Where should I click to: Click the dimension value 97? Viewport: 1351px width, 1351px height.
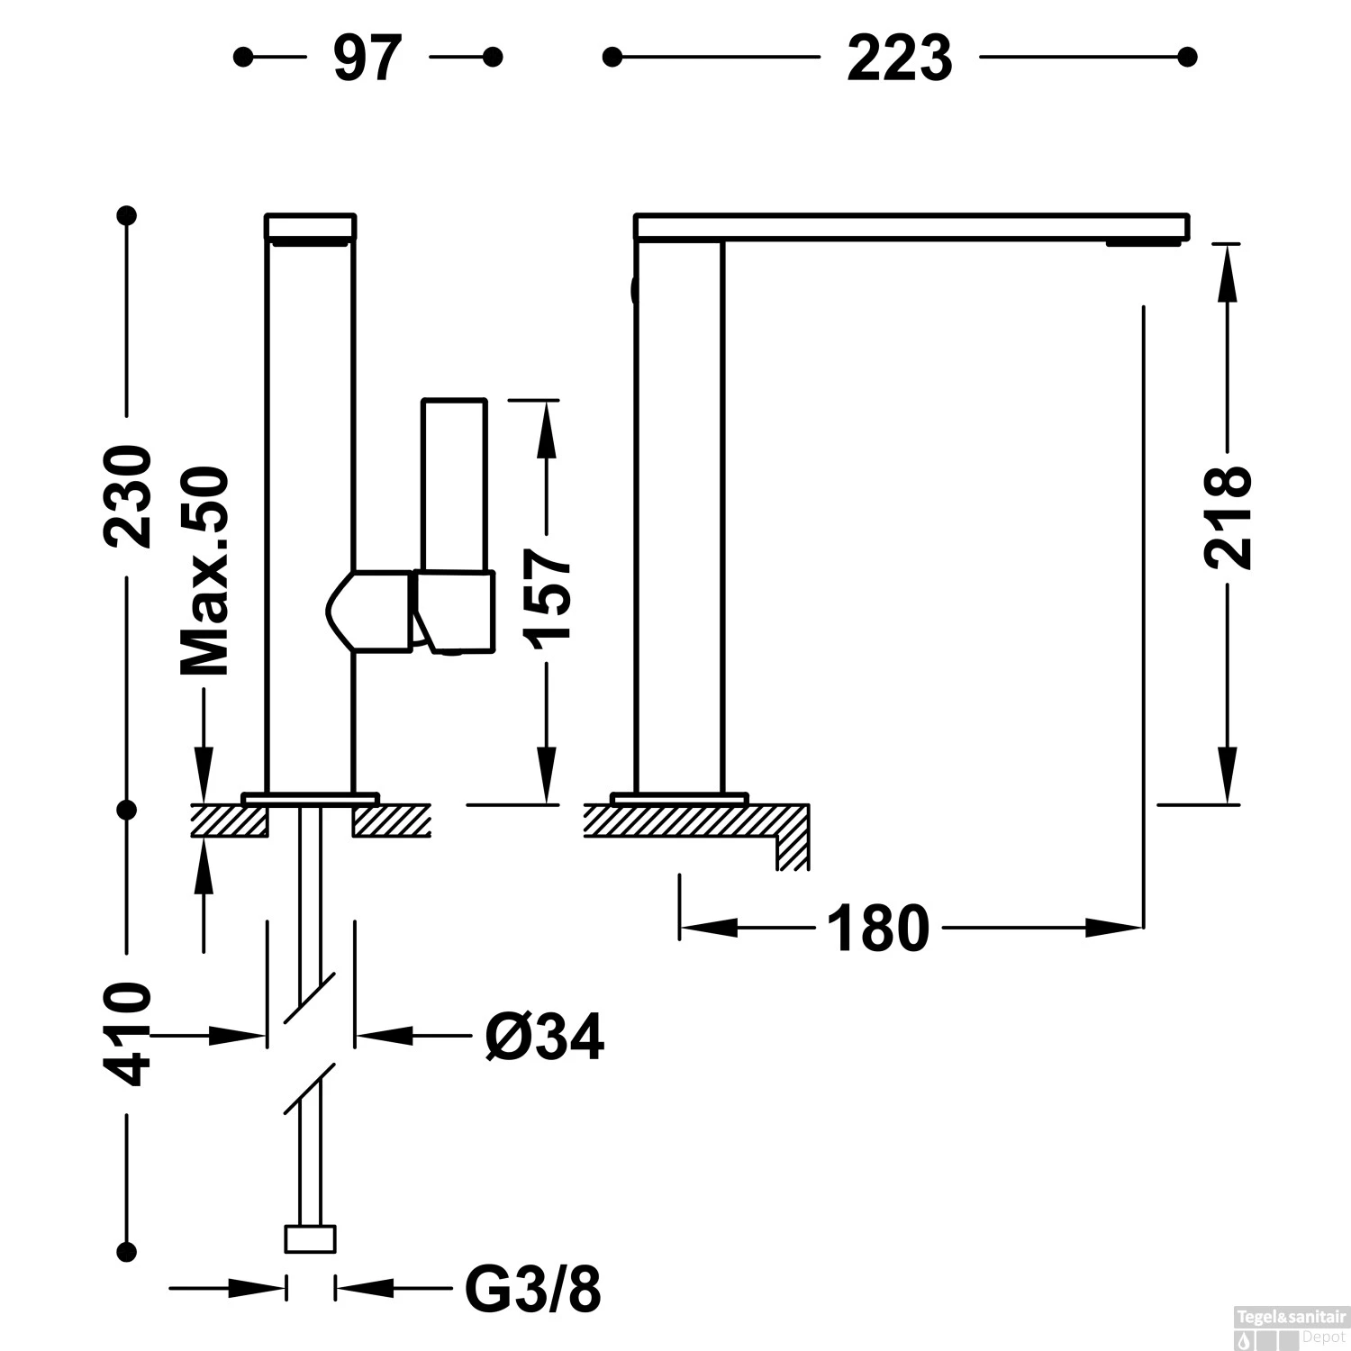pos(367,59)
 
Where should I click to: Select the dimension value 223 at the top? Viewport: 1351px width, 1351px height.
pos(899,59)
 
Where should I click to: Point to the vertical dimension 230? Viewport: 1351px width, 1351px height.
pos(127,496)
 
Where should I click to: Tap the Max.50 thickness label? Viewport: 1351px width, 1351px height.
pos(205,571)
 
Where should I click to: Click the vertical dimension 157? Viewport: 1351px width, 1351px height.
pos(548,595)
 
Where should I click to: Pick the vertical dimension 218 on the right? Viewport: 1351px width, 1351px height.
pos(1228,517)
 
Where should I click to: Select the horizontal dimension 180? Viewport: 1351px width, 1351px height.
pos(877,929)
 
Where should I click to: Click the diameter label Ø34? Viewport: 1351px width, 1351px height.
pos(544,1038)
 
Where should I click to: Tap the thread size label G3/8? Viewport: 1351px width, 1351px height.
pos(532,1290)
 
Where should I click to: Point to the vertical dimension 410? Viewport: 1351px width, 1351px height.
pos(127,1035)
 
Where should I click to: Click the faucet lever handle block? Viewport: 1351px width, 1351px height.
pos(455,611)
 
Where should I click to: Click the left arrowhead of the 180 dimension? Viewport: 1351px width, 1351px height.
pos(708,928)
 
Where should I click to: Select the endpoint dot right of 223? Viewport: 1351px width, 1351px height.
pos(1188,58)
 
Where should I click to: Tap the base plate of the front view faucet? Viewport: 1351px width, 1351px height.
pos(310,798)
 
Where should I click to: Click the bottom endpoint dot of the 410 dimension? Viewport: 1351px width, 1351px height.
pos(127,1251)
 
